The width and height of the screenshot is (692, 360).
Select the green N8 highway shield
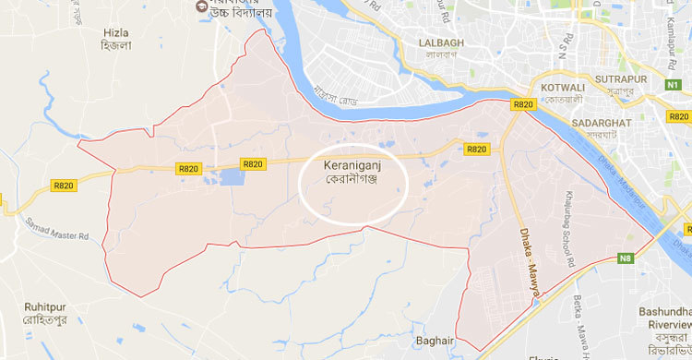626,258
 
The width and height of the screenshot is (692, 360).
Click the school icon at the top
198,7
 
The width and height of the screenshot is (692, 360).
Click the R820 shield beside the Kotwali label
523,105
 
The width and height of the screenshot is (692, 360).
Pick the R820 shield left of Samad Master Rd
64,186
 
